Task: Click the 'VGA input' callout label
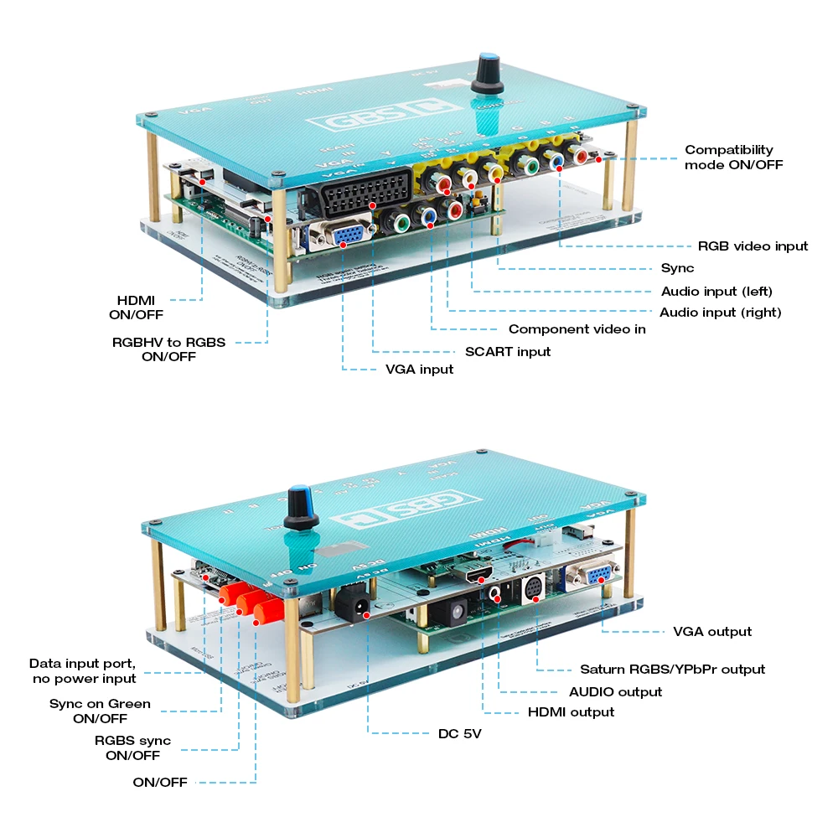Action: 419,370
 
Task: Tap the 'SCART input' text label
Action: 508,351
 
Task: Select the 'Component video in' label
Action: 577,329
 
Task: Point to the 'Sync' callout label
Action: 677,269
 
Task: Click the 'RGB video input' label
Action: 753,246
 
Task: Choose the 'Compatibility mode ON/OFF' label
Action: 733,158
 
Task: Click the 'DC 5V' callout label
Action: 460,734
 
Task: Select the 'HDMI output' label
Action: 571,712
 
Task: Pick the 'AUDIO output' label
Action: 615,691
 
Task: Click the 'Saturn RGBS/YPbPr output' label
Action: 672,669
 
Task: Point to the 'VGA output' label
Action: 712,631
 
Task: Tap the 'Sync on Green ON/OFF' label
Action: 100,711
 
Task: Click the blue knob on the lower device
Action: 300,508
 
